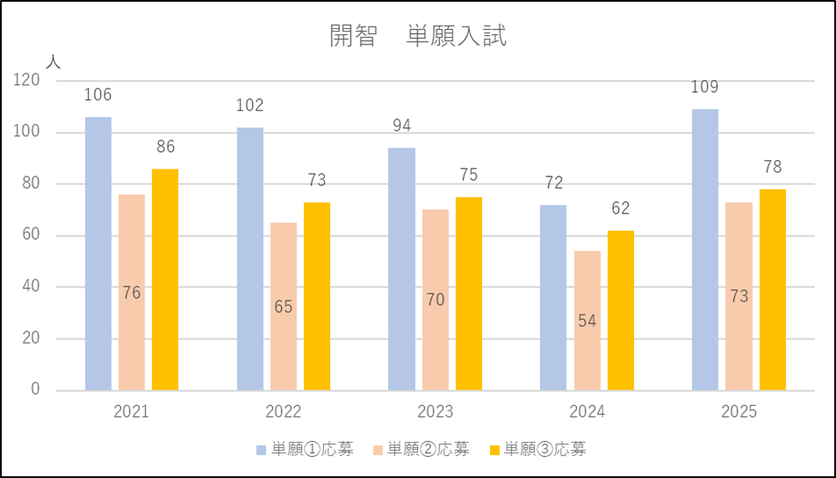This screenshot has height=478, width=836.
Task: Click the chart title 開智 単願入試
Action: [x=418, y=37]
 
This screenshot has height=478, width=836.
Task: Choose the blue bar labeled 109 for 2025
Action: [x=705, y=250]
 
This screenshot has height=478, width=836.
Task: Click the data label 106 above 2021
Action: [x=98, y=95]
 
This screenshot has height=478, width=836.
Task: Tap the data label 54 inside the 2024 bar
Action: [x=587, y=321]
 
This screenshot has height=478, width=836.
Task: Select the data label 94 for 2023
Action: [x=401, y=126]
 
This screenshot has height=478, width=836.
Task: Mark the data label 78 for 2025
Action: [x=773, y=167]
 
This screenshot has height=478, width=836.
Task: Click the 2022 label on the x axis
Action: [x=284, y=412]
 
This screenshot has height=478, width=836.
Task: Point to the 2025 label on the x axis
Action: [x=739, y=412]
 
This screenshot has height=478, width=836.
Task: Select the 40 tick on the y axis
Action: [x=31, y=286]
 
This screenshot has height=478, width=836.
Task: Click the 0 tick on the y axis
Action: [x=36, y=389]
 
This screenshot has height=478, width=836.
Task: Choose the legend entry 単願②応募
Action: [x=421, y=450]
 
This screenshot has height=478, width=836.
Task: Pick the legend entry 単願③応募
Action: [x=537, y=450]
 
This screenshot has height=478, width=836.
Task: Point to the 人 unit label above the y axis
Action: [x=53, y=62]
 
